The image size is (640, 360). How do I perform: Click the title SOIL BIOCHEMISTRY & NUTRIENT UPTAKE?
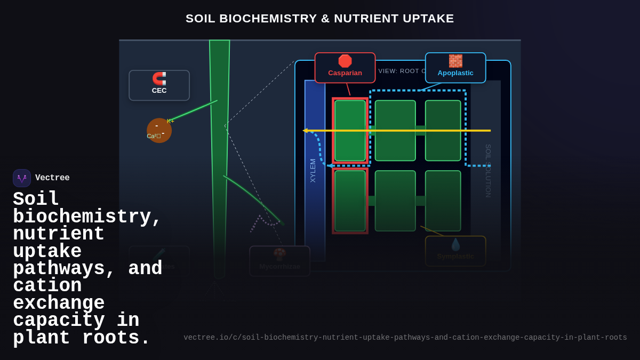pos(320,19)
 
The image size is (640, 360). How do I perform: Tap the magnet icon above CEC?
pos(159,79)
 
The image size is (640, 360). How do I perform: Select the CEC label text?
pos(159,91)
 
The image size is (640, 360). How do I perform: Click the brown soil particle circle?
pos(159,131)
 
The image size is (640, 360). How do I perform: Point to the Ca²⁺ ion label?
pos(154,136)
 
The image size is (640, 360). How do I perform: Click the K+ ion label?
pos(171,121)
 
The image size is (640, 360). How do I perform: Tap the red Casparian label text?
pos(345,73)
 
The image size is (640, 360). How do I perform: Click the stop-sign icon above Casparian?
pos(345,61)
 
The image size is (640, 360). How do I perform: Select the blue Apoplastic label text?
pos(455,73)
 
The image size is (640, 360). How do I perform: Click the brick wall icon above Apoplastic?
pos(455,61)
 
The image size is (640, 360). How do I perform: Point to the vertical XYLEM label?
pos(313,171)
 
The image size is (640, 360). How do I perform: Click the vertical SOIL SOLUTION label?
pos(488,171)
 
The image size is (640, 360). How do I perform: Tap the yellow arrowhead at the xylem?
pos(306,131)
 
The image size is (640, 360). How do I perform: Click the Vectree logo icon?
pos(22,178)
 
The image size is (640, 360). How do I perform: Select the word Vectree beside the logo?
pos(52,178)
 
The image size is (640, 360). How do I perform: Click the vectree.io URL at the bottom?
pos(405,338)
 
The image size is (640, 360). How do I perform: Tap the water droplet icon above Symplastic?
pos(455,245)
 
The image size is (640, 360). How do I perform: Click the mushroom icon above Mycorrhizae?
pos(279,254)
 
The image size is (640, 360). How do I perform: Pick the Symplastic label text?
pos(455,257)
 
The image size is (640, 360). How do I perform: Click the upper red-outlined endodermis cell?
pos(350,131)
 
